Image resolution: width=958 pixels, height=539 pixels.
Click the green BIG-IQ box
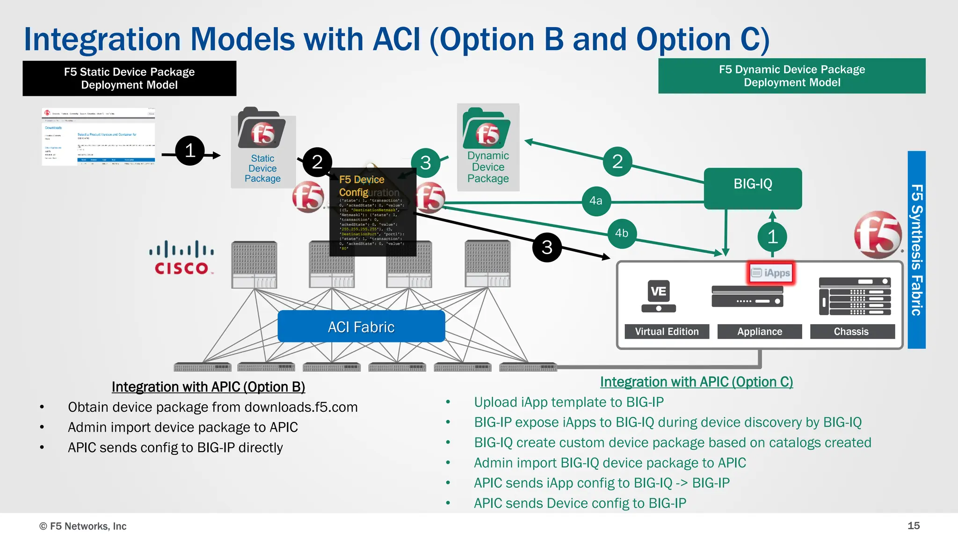coord(753,188)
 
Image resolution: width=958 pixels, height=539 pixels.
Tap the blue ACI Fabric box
coord(361,326)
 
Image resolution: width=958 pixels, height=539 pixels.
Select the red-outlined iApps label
coord(771,273)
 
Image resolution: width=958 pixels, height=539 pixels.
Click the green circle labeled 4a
coord(596,201)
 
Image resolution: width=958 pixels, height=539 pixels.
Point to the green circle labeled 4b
coord(622,233)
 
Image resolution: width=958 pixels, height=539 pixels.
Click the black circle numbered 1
coord(190,151)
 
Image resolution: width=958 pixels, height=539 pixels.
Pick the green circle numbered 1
coord(772,237)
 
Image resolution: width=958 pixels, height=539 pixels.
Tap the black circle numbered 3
coord(547,247)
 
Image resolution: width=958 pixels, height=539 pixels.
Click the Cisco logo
coord(181,258)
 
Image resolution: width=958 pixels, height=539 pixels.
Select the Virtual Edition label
coord(667,332)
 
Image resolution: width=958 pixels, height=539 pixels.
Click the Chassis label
coord(851,332)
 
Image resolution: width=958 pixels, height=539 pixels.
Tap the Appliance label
coord(760,332)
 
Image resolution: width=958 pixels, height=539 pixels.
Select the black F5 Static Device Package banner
coord(130,79)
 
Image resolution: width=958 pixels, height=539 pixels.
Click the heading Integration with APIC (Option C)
coord(696,382)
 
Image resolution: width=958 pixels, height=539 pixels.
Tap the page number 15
coord(913,526)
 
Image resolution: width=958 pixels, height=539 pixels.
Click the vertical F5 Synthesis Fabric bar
coord(916,250)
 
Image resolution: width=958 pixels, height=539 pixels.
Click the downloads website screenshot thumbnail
coord(99,137)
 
